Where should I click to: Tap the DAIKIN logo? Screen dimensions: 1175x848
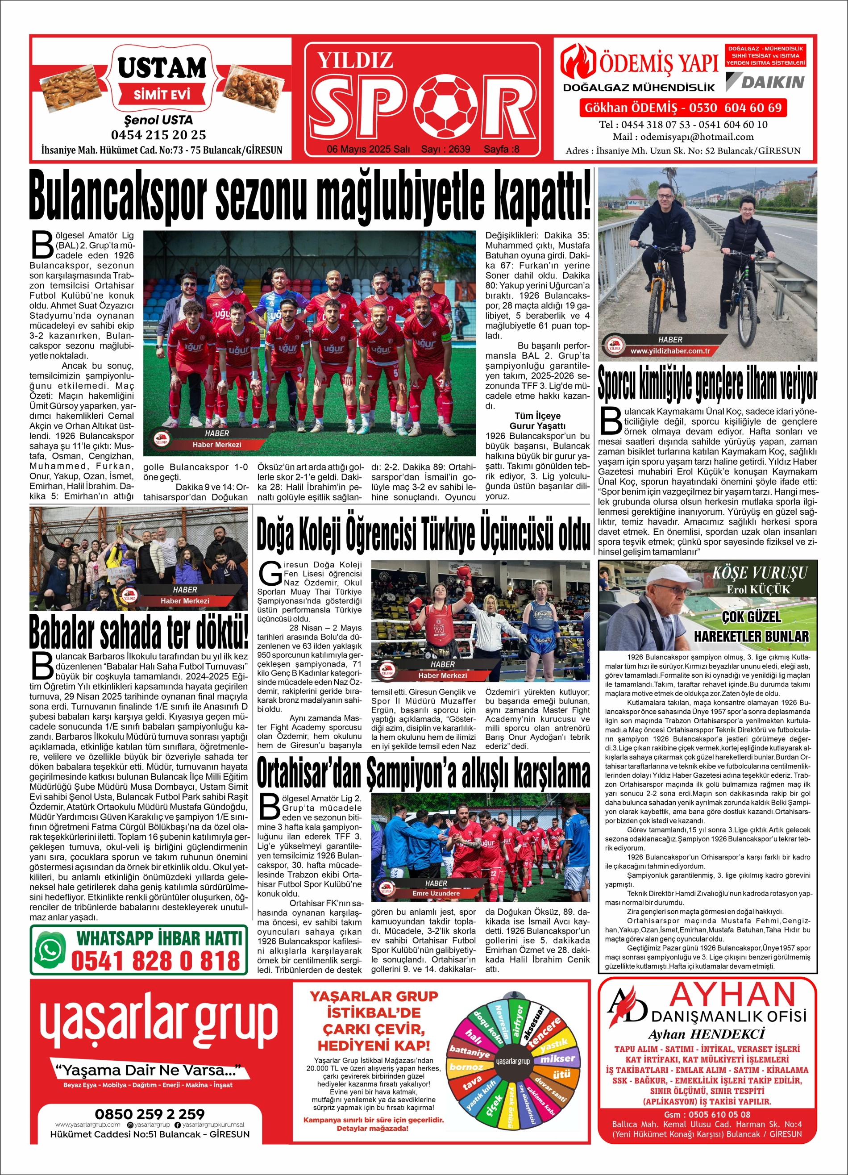765,82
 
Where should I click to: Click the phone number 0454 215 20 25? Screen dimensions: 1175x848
158,135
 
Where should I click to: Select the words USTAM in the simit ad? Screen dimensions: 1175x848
162,68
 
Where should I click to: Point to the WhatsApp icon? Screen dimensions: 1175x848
50,950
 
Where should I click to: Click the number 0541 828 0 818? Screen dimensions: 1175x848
156,961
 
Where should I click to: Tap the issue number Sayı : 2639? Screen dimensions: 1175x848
445,149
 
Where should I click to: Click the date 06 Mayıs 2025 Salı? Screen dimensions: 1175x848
368,149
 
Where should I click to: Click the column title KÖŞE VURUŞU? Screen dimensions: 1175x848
760,573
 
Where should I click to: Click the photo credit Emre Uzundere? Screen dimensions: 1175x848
436,893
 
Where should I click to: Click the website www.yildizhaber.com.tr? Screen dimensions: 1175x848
670,351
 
